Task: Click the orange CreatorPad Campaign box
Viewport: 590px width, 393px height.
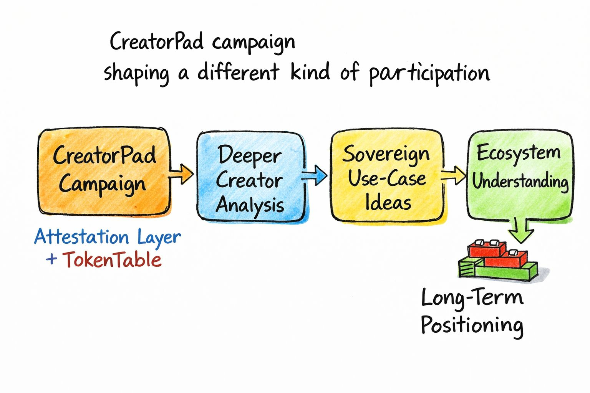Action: coord(104,171)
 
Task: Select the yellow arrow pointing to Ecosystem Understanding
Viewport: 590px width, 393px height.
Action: coord(454,175)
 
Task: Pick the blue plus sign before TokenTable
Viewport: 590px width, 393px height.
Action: coord(51,259)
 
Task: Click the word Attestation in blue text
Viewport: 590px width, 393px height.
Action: coord(81,237)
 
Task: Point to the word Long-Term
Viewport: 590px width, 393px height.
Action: coord(472,298)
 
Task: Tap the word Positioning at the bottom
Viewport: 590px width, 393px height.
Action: coord(472,325)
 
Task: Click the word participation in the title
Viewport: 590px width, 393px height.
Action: coord(429,73)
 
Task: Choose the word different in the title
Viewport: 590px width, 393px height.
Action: coord(238,72)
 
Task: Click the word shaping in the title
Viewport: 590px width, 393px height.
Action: coord(136,73)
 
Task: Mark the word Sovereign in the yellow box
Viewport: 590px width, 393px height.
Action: coord(386,154)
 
